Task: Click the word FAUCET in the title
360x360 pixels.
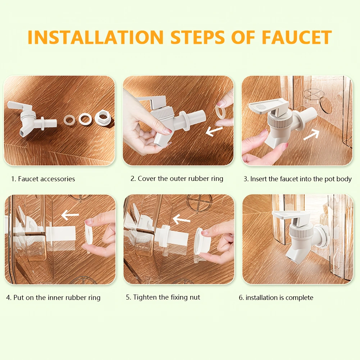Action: (297, 37)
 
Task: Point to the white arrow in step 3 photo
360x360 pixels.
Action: (311, 135)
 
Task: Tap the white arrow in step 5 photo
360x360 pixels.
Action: (182, 219)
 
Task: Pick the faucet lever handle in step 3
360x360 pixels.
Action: (268, 105)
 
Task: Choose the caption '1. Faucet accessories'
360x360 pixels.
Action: (43, 179)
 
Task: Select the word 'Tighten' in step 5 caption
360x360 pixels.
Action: (145, 297)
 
